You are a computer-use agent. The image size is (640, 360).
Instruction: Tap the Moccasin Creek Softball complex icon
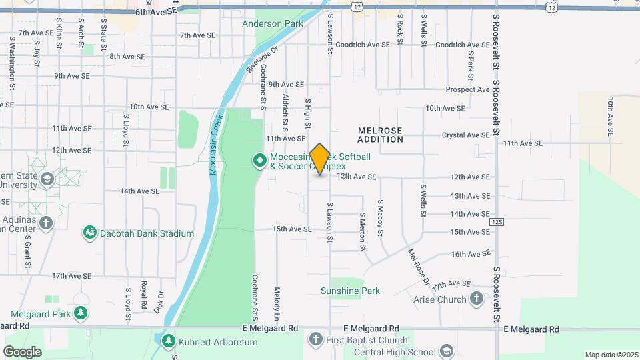tap(259, 160)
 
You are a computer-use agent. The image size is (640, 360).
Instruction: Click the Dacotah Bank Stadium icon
tap(89, 233)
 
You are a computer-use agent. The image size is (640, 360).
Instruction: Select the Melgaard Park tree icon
tap(81, 313)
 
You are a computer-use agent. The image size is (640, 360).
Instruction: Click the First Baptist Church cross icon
tap(315, 339)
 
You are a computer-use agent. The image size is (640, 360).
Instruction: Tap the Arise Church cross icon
tap(476, 299)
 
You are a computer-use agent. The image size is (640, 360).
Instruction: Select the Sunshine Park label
tap(350, 291)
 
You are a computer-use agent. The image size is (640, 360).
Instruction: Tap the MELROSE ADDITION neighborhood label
tap(380, 135)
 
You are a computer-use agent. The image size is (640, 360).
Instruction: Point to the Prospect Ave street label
tap(468, 89)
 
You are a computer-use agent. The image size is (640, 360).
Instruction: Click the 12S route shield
tap(495, 221)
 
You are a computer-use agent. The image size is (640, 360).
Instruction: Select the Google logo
tap(22, 351)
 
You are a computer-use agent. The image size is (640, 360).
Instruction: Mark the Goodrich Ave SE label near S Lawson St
tap(362, 45)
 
